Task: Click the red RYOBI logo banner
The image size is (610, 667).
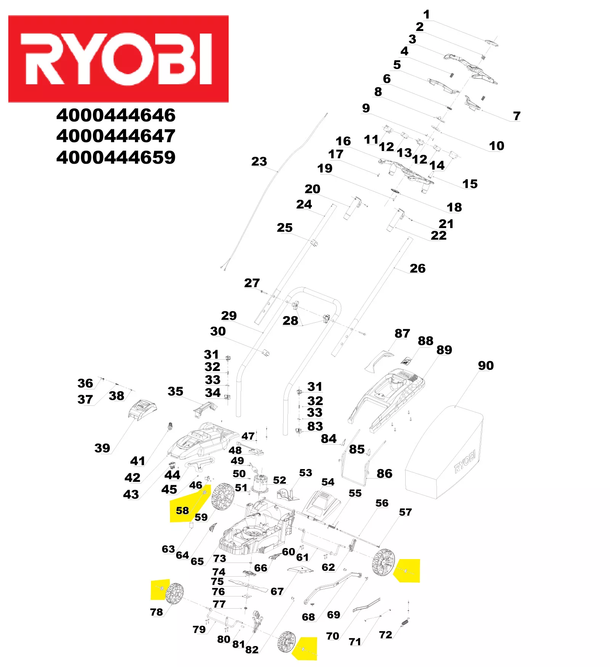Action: [x=118, y=59]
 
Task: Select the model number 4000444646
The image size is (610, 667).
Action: [x=116, y=115]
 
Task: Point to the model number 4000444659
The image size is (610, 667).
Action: [x=116, y=157]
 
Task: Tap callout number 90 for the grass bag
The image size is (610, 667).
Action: [x=486, y=365]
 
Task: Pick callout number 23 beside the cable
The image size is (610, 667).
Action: [x=259, y=161]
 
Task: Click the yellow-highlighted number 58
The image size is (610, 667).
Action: [x=182, y=510]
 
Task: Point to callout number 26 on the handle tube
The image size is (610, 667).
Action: [x=417, y=268]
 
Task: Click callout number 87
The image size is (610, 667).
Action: [x=402, y=333]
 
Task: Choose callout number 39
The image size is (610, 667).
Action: [x=102, y=448]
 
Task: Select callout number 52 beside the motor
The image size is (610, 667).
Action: [x=279, y=480]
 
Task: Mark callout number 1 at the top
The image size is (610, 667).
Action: [x=427, y=14]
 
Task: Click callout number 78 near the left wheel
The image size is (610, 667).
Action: [x=156, y=612]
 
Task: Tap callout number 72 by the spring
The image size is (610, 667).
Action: [x=385, y=635]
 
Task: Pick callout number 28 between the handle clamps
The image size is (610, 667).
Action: [x=290, y=321]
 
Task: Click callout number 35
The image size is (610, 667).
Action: [x=175, y=391]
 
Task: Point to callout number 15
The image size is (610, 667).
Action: [x=470, y=184]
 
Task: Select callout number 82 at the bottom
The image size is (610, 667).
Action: [x=252, y=649]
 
